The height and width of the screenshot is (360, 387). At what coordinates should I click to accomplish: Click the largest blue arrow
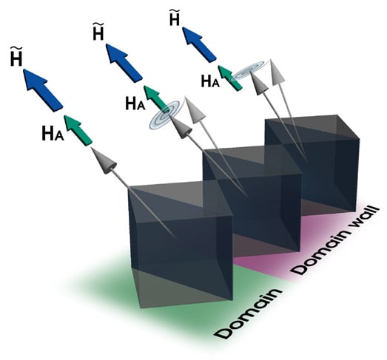[43, 90]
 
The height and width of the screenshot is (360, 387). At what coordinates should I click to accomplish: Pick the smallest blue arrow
[199, 44]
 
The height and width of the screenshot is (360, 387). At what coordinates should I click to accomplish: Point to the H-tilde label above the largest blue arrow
[16, 56]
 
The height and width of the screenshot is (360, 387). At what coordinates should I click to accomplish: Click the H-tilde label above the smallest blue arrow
[175, 18]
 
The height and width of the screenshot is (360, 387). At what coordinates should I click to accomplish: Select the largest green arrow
[78, 130]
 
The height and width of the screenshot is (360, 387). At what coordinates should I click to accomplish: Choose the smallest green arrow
[230, 78]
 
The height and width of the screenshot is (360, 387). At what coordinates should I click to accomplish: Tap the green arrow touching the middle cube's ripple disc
[156, 98]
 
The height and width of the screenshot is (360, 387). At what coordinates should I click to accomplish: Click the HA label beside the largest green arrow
[53, 133]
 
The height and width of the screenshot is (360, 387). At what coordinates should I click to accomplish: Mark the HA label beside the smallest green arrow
[210, 81]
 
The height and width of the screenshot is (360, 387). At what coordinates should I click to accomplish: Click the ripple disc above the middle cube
[166, 114]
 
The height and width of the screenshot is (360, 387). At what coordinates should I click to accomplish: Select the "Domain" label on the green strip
[247, 313]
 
